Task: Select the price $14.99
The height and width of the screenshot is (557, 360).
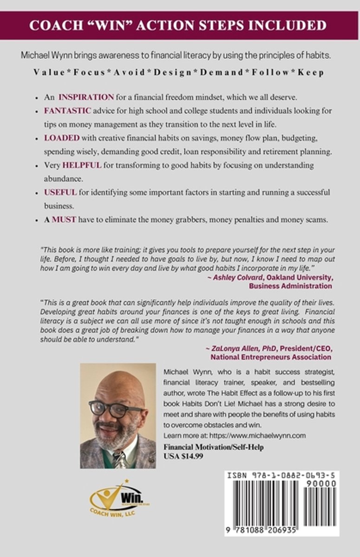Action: click(191, 455)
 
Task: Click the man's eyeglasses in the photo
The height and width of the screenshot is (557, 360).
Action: click(115, 408)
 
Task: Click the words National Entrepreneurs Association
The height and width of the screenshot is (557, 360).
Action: click(271, 357)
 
